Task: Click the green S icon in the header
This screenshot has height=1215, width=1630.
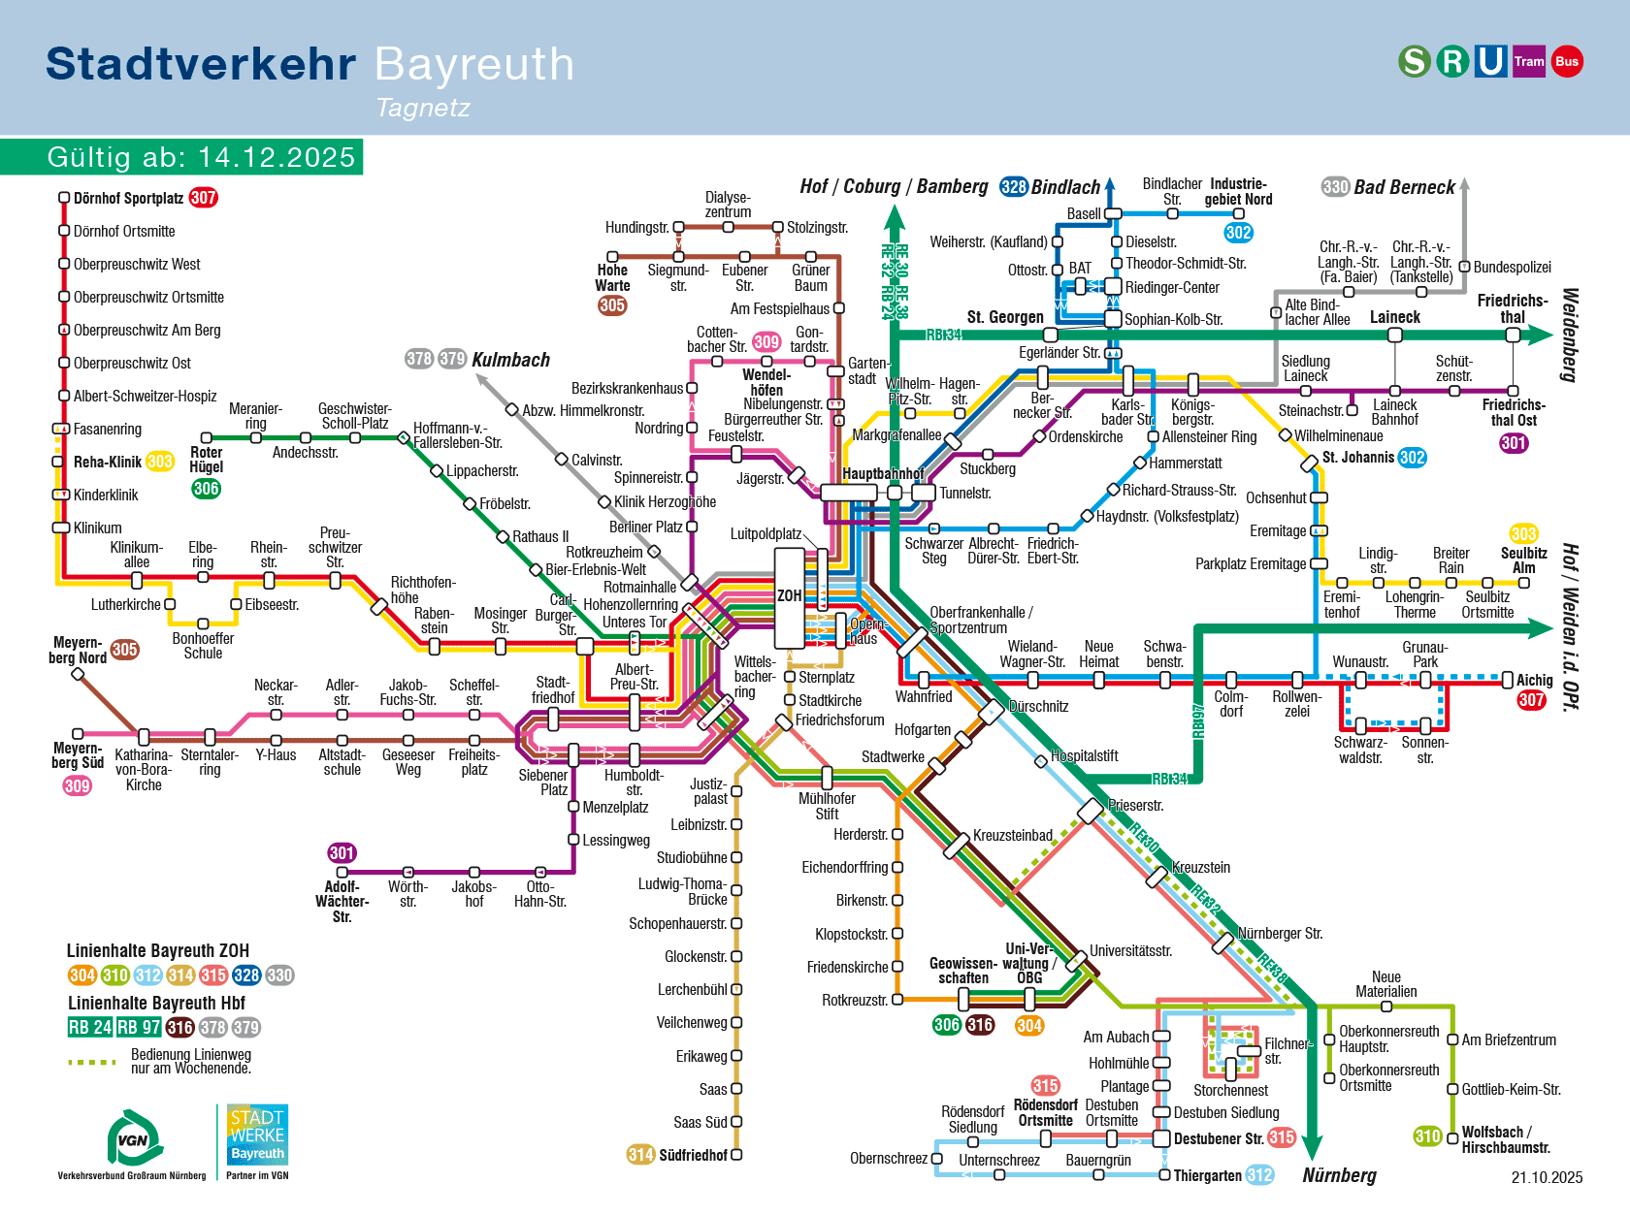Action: click(x=1415, y=61)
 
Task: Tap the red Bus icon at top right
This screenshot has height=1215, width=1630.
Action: click(x=1567, y=61)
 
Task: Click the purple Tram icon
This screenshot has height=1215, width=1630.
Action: click(x=1529, y=61)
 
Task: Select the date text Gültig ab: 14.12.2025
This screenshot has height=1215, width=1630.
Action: click(x=201, y=157)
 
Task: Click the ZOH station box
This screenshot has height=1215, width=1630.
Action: click(x=789, y=596)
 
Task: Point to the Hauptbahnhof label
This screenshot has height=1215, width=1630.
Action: click(x=882, y=473)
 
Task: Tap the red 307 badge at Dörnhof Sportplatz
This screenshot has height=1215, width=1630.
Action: click(x=203, y=198)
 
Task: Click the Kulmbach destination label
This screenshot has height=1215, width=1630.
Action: click(x=510, y=360)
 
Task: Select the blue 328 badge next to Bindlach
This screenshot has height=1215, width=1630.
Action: click(x=1014, y=186)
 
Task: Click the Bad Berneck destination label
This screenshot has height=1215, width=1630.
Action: click(x=1404, y=187)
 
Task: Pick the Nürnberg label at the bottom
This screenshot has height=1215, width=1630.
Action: click(x=1339, y=1175)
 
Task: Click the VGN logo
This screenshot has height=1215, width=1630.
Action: click(x=134, y=1138)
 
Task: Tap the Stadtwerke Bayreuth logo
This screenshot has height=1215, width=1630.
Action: click(x=257, y=1135)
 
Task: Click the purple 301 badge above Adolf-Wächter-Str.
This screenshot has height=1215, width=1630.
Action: click(x=342, y=853)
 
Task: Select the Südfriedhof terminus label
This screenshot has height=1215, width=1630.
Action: click(x=693, y=1155)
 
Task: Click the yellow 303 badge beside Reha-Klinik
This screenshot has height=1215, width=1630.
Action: click(x=160, y=462)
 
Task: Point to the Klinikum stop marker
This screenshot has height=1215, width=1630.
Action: click(x=60, y=528)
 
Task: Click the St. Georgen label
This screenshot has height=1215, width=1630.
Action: click(x=1005, y=317)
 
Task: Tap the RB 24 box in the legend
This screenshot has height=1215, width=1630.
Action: click(x=90, y=1027)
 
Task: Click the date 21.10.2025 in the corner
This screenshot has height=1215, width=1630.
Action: click(x=1547, y=1177)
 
